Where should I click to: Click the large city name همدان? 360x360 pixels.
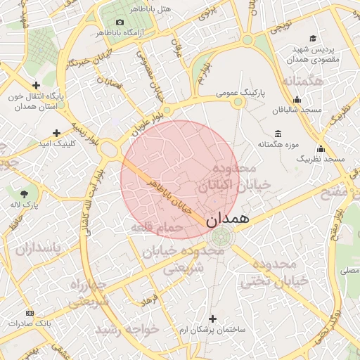click(229, 218)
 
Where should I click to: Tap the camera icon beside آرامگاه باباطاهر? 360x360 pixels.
click(120, 22)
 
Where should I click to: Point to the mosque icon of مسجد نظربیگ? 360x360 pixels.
click(321, 148)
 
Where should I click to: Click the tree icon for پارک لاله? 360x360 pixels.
click(25, 193)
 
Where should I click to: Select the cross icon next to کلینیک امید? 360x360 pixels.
click(56, 132)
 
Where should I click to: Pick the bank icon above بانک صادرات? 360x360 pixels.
click(30, 312)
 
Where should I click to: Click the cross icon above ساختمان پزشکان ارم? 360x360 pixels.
click(212, 319)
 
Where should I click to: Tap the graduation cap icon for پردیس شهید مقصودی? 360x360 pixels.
click(313, 39)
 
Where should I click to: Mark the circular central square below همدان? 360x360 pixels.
click(220, 236)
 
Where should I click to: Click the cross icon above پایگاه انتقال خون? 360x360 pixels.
click(36, 84)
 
